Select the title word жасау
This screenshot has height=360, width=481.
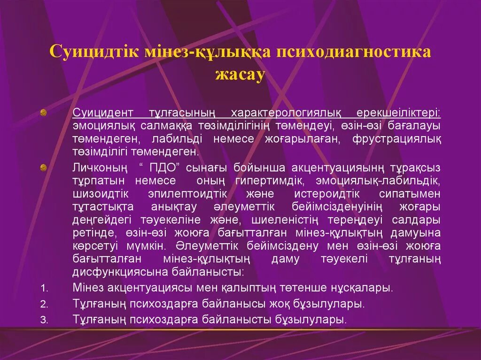pos(240,74)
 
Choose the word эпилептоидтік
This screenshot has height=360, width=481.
pos(188,194)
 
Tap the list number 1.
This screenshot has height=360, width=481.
pos(44,288)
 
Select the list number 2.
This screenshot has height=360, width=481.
pos(44,304)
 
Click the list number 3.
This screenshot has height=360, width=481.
pos(44,321)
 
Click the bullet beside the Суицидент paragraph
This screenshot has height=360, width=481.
pos(43,112)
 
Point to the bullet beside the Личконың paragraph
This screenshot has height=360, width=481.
pos(43,167)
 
